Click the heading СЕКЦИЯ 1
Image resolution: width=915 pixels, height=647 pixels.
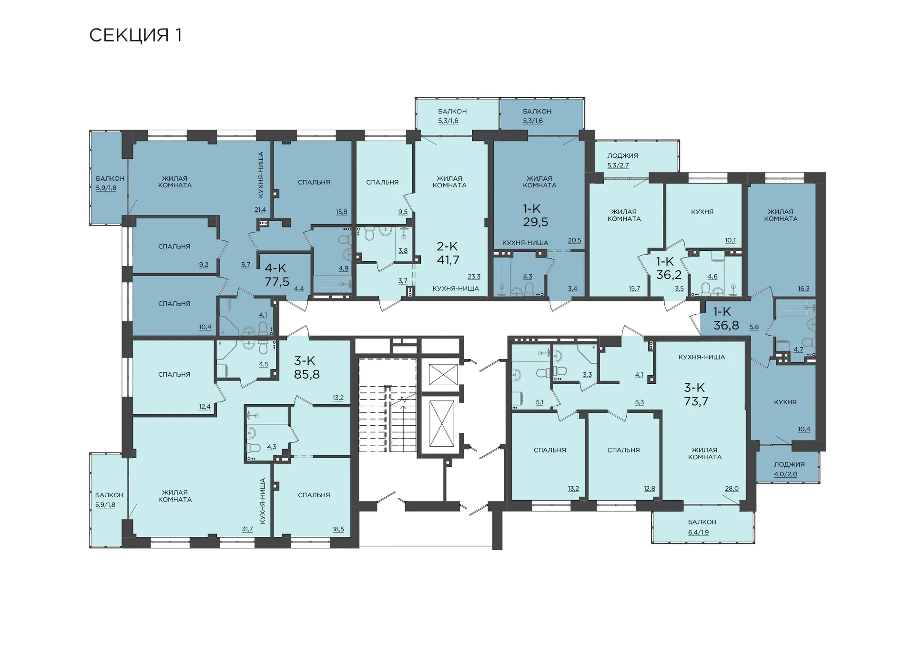pyautogui.click(x=136, y=35)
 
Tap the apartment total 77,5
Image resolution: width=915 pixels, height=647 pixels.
pyautogui.click(x=277, y=282)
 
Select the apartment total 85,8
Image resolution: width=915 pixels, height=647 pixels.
pyautogui.click(x=307, y=374)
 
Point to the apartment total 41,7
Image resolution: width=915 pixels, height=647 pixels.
pyautogui.click(x=448, y=260)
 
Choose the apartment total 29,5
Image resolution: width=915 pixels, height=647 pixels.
pyautogui.click(x=536, y=222)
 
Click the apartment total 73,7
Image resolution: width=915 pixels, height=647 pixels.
pyautogui.click(x=696, y=401)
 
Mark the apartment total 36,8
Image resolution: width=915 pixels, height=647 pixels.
pyautogui.click(x=726, y=325)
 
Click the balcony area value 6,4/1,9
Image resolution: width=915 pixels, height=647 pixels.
pyautogui.click(x=698, y=532)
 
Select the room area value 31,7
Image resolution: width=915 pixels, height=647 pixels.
pyautogui.click(x=247, y=529)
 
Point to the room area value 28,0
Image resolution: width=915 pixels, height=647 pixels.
pyautogui.click(x=732, y=488)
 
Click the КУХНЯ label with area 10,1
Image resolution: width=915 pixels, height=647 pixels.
pyautogui.click(x=702, y=212)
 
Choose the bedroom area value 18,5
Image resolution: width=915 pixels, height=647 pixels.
pyautogui.click(x=338, y=529)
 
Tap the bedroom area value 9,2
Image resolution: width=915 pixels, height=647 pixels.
pyautogui.click(x=203, y=265)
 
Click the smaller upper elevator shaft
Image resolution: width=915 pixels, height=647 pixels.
pyautogui.click(x=443, y=374)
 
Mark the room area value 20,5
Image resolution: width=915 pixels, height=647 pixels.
pyautogui.click(x=575, y=240)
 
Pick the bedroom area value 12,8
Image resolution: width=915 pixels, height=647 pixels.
pyautogui.click(x=649, y=488)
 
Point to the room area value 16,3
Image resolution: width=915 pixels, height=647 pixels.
pyautogui.click(x=803, y=288)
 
